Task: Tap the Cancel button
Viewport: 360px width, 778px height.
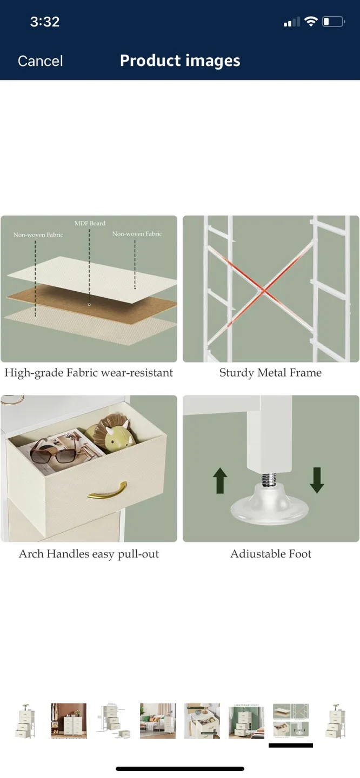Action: click(x=41, y=61)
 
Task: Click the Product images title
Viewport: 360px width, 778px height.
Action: click(x=180, y=61)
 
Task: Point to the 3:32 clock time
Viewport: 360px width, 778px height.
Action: click(x=44, y=22)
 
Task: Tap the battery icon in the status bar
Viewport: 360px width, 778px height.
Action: click(x=333, y=22)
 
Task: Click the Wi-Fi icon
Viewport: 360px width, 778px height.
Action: click(x=310, y=22)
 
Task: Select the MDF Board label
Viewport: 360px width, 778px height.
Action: click(x=90, y=223)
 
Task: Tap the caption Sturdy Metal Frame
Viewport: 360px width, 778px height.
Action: click(x=270, y=373)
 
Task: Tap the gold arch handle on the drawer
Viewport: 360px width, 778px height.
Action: click(x=107, y=489)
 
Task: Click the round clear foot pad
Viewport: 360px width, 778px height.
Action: click(x=269, y=506)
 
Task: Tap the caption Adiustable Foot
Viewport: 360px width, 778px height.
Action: click(x=271, y=554)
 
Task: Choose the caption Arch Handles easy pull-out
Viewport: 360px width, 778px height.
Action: click(x=89, y=554)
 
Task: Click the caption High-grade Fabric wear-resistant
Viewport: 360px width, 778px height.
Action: click(x=89, y=373)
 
